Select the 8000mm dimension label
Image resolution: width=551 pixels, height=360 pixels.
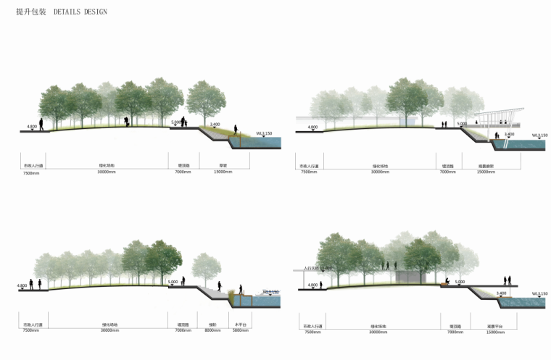pyautogui.click(x=212, y=330)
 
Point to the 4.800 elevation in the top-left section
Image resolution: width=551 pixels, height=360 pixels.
pyautogui.click(x=32, y=127)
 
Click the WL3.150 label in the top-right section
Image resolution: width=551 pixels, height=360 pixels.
pyautogui.click(x=540, y=134)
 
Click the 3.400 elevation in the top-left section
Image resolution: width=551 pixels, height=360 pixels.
pyautogui.click(x=215, y=125)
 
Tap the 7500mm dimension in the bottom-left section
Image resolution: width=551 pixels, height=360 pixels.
pyautogui.click(x=31, y=330)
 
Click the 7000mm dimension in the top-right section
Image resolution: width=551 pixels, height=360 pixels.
pyautogui.click(x=447, y=172)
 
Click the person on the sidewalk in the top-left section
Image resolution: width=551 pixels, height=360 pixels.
pyautogui.click(x=41, y=125)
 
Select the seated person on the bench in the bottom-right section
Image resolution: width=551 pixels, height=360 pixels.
pyautogui.click(x=447, y=282)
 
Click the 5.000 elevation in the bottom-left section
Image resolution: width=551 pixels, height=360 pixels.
pyautogui.click(x=173, y=282)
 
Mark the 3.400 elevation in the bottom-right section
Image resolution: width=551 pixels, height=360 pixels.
pyautogui.click(x=501, y=293)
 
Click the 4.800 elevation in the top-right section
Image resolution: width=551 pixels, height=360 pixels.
pyautogui.click(x=312, y=127)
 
